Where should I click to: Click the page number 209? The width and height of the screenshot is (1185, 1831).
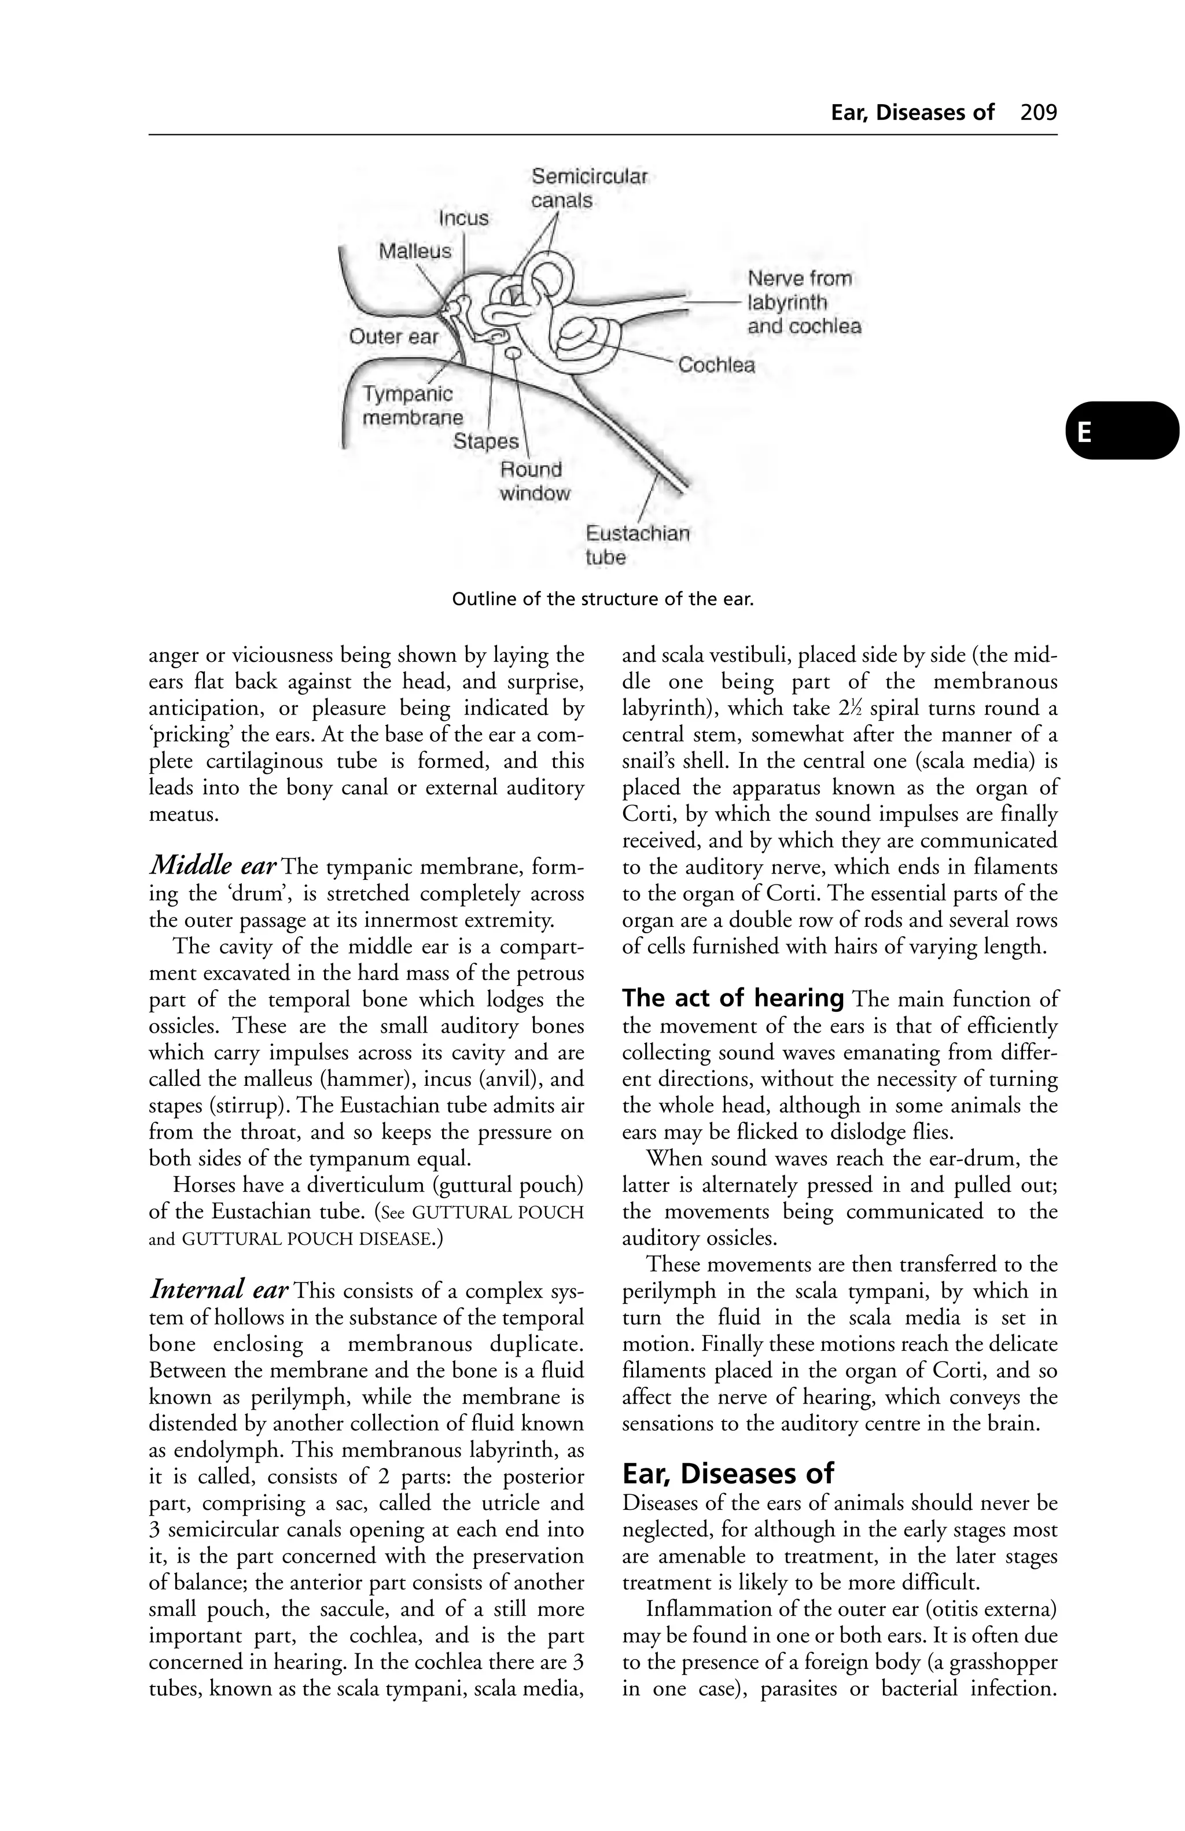click(1038, 113)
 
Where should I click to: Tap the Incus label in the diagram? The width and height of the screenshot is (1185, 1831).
click(463, 219)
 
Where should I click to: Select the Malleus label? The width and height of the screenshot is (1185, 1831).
click(415, 252)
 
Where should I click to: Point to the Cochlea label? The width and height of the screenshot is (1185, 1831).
click(716, 366)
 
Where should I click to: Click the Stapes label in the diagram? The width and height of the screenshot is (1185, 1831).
click(485, 441)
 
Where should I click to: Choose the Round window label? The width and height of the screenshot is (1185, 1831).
click(534, 481)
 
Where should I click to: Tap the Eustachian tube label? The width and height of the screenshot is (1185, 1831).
click(636, 545)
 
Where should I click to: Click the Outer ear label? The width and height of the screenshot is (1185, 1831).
click(393, 337)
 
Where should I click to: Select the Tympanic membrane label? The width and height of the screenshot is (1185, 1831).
click(413, 406)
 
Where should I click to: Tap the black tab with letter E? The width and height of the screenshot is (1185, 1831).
click(1120, 431)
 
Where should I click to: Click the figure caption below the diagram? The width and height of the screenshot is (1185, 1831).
click(602, 599)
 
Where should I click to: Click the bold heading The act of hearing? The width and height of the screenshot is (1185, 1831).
click(733, 999)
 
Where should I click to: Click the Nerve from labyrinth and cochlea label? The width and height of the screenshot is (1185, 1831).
click(803, 303)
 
